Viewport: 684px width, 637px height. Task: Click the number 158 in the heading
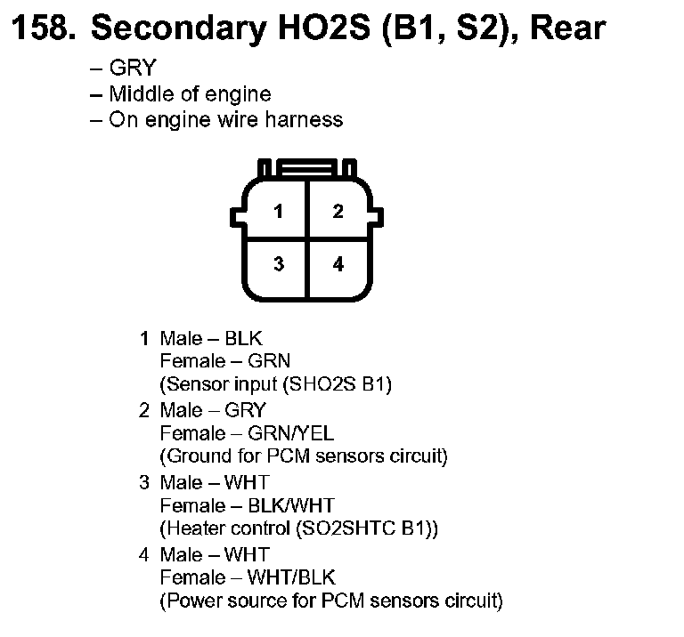(43, 28)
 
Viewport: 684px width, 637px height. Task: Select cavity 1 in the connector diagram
(279, 212)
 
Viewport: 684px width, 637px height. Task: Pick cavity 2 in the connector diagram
(338, 212)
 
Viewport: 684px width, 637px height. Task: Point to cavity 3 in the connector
(279, 264)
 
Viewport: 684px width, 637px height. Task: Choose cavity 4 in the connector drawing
(338, 264)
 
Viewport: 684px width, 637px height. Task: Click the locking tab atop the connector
(307, 168)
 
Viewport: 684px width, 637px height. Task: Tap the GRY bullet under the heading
(131, 69)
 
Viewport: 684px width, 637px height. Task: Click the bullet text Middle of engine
(189, 93)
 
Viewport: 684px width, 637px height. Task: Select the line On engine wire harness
(224, 119)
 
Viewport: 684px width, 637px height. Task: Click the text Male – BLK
(211, 338)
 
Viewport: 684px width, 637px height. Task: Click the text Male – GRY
(212, 410)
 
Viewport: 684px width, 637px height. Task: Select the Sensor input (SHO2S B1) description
(275, 385)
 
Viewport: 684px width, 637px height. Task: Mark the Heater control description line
(299, 529)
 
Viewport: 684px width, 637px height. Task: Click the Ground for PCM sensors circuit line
(303, 457)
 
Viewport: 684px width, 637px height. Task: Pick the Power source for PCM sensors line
(330, 601)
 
